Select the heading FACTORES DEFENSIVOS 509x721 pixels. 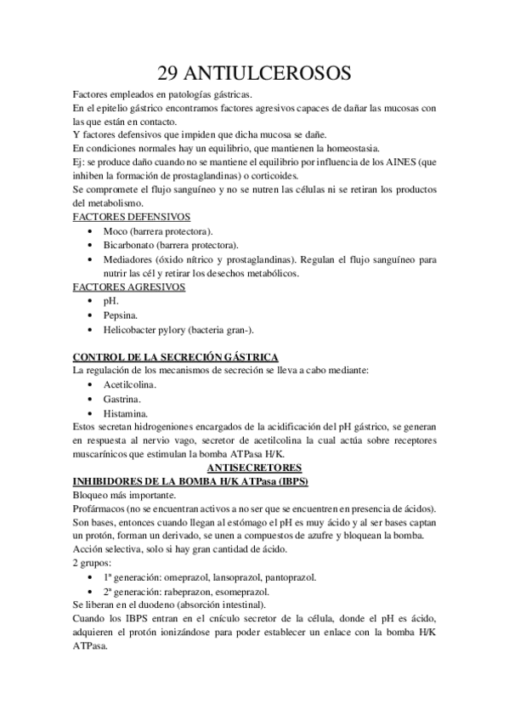[x=131, y=217]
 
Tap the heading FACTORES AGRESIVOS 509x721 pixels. [x=127, y=287]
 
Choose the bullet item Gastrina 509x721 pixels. [x=123, y=399]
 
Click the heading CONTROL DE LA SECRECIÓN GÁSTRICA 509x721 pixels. [x=176, y=357]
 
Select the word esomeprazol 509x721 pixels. [x=245, y=591]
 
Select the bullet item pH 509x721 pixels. [x=110, y=301]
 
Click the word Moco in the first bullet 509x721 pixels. [x=116, y=231]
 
